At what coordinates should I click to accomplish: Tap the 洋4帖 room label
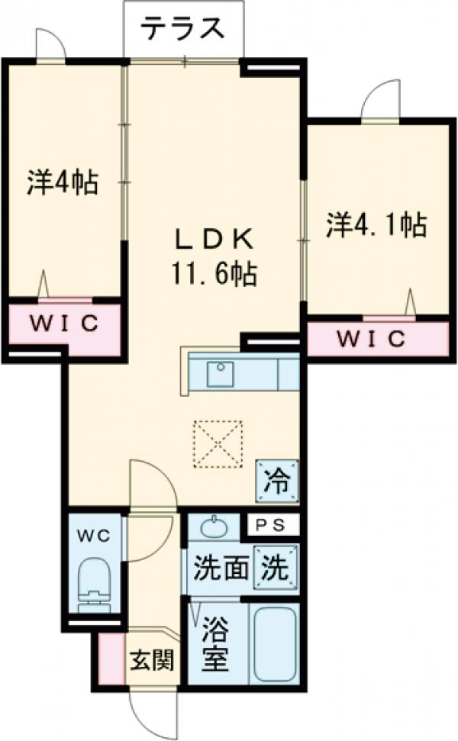pyautogui.click(x=63, y=183)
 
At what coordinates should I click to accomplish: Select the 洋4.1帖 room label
pyautogui.click(x=376, y=225)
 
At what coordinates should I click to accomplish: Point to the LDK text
pyautogui.click(x=215, y=240)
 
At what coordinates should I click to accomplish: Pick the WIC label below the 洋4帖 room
pyautogui.click(x=64, y=324)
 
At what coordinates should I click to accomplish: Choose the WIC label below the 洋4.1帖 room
pyautogui.click(x=372, y=338)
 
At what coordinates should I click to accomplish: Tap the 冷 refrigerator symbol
pyautogui.click(x=277, y=481)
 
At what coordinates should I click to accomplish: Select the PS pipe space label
pyautogui.click(x=271, y=526)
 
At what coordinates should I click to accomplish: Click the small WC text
pyautogui.click(x=94, y=536)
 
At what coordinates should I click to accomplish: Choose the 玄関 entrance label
pyautogui.click(x=152, y=660)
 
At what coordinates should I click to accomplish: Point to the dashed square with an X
pyautogui.click(x=218, y=443)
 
